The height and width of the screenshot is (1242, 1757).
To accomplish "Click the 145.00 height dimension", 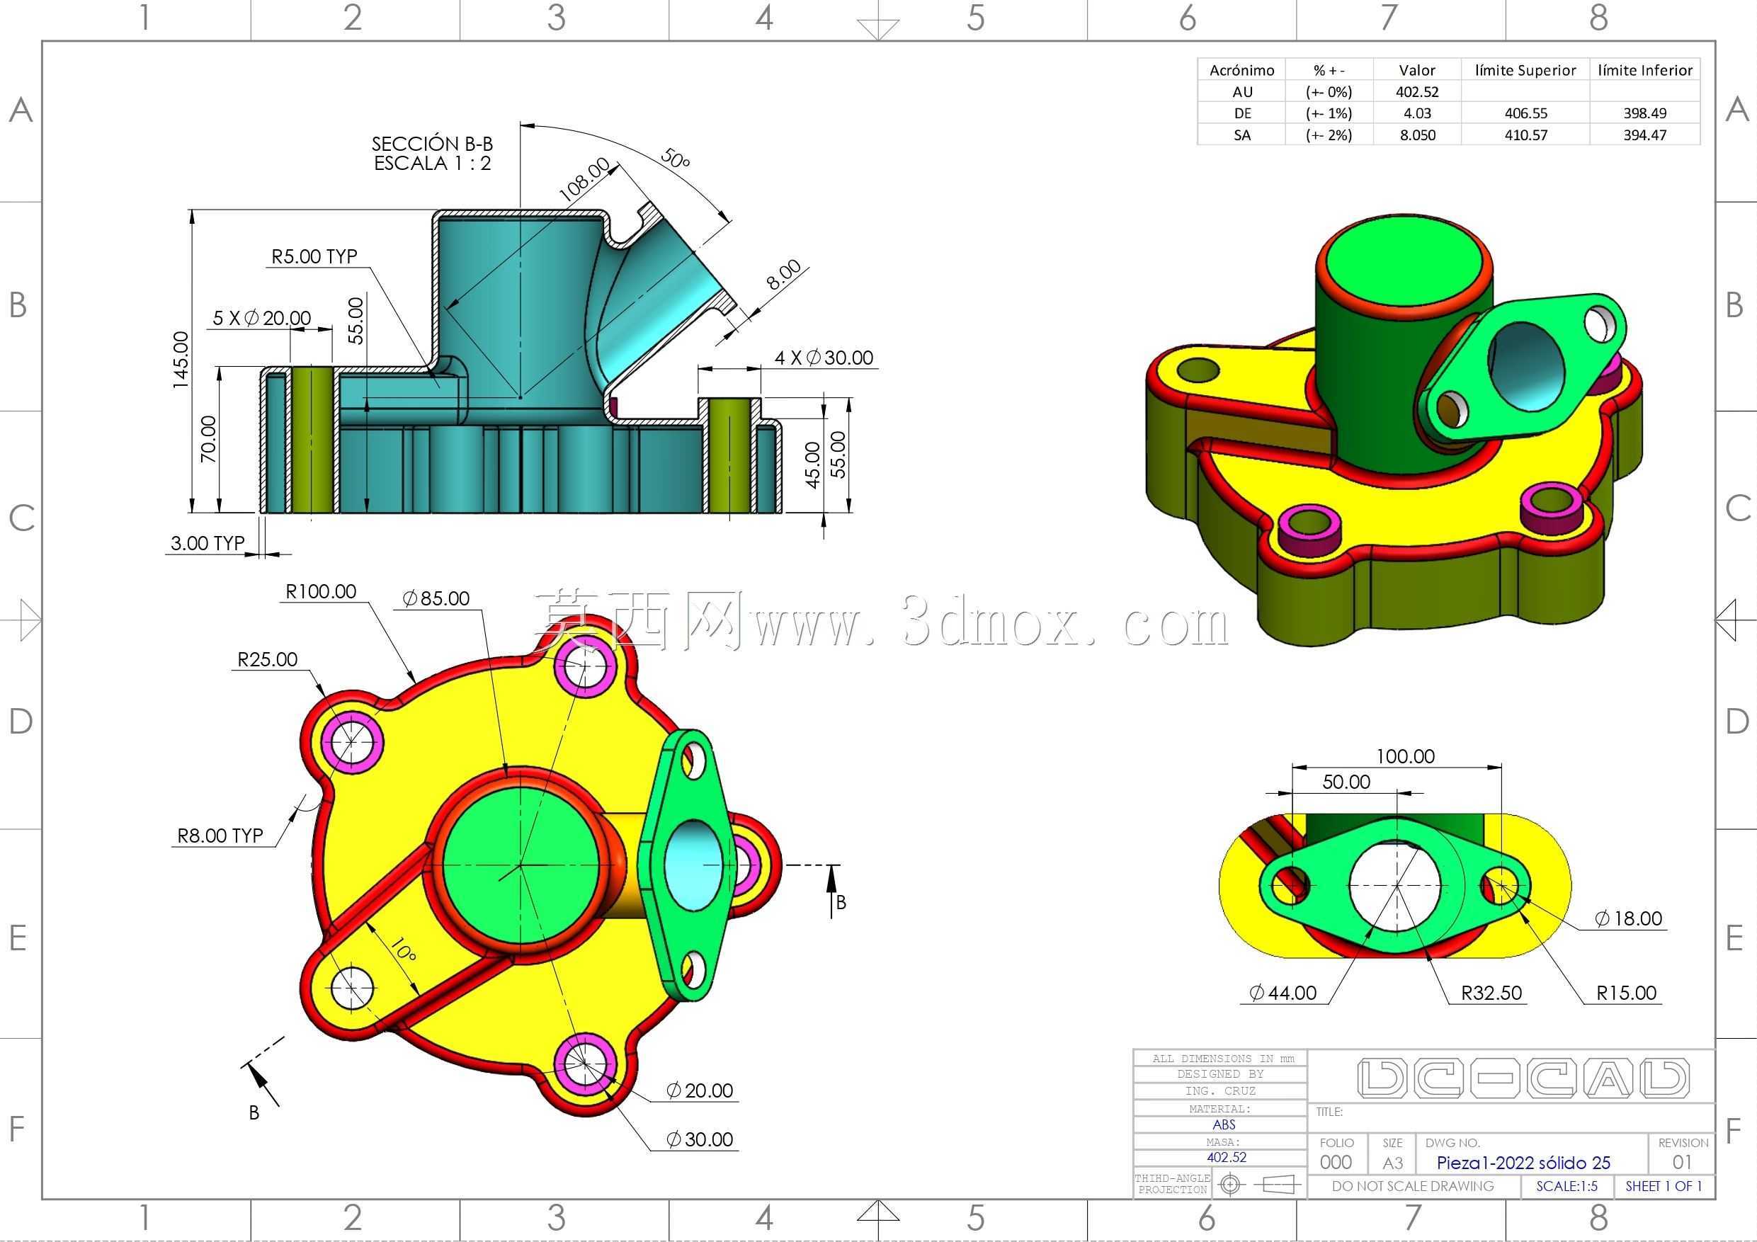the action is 181,360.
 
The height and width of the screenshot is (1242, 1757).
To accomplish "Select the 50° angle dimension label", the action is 675,159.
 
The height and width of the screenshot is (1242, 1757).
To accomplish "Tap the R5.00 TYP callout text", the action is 314,256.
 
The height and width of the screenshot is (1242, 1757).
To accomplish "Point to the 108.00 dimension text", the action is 586,180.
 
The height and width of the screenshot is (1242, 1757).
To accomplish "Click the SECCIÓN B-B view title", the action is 433,144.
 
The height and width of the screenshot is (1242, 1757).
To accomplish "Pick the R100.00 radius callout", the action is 321,591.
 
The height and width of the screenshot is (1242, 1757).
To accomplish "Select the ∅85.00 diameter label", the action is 436,598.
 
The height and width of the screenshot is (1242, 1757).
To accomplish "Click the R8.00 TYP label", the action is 220,836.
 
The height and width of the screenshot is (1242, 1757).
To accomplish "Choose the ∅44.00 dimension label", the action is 1283,993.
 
